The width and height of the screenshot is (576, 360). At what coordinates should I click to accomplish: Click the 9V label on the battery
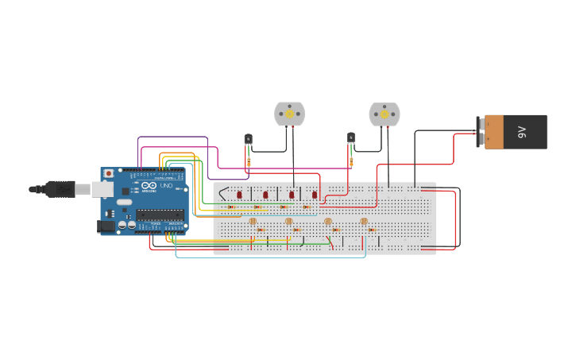point(522,132)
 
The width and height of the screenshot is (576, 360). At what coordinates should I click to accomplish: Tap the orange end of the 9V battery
point(494,132)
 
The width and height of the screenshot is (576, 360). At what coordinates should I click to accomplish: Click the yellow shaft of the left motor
point(289,114)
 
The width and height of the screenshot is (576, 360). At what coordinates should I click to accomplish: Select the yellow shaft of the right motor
point(385,114)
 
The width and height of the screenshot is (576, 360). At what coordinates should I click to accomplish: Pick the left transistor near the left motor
point(248,139)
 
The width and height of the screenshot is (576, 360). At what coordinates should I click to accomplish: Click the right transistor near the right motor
point(351,138)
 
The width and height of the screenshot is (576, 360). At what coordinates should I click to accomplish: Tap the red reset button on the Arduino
point(109,173)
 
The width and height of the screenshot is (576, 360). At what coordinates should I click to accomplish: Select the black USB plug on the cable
point(60,189)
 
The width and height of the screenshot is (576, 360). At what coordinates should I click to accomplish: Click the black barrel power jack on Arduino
point(105,226)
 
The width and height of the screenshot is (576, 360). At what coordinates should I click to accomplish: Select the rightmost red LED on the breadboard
point(315,194)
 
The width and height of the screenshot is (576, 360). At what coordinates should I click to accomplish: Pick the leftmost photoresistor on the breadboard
point(253,221)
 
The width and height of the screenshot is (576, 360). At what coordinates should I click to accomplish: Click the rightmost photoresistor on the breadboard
point(364,221)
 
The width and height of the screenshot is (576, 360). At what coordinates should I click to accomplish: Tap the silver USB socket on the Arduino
point(102,189)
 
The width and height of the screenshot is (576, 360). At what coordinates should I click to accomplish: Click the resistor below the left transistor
point(249,161)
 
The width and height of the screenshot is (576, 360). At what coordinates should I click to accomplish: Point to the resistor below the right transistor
point(350,162)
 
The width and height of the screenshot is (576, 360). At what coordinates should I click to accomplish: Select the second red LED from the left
point(265,194)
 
